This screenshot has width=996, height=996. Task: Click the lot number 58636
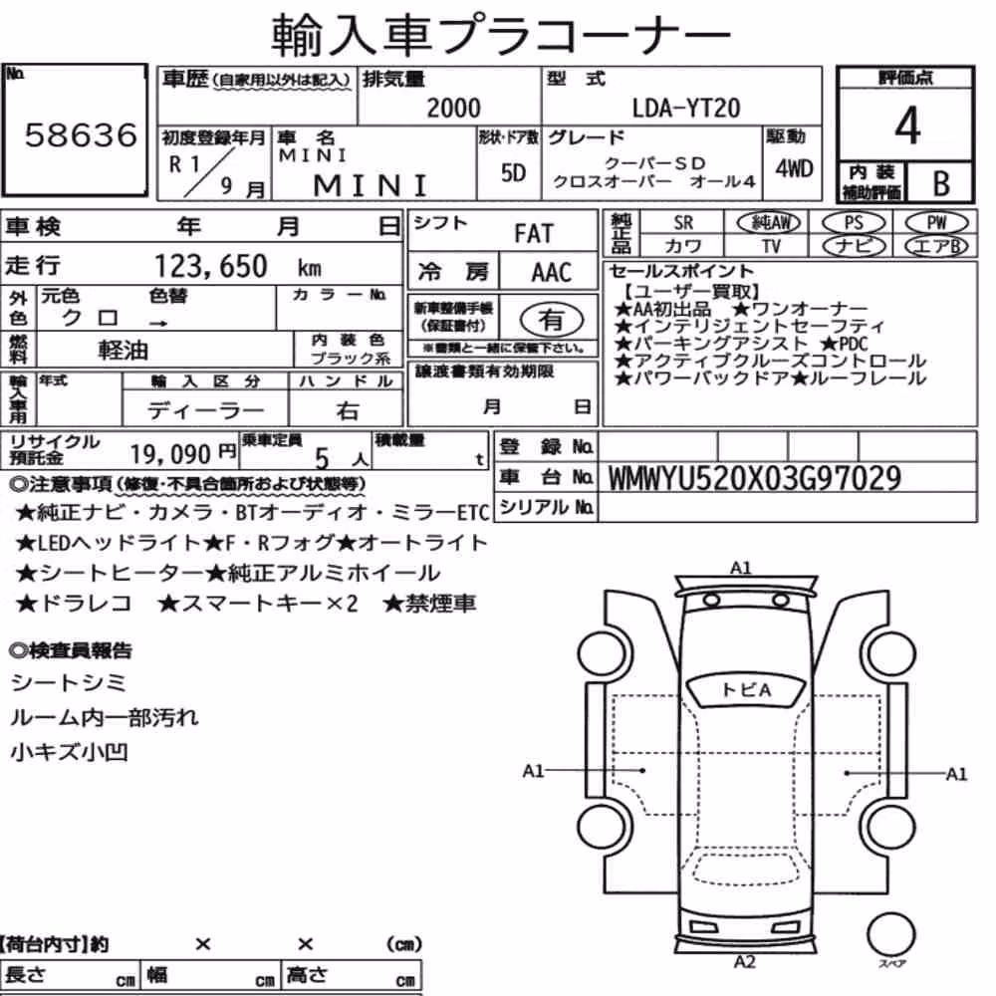click(x=81, y=134)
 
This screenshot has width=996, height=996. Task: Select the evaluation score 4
click(x=907, y=125)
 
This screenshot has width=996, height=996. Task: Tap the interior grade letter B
click(x=941, y=183)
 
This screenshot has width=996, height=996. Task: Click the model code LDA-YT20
click(x=686, y=108)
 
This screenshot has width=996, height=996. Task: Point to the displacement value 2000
click(x=453, y=108)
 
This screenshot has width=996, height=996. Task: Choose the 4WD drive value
click(x=794, y=168)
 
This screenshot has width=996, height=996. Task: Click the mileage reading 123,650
click(x=211, y=266)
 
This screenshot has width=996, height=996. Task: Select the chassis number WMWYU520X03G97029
click(x=755, y=478)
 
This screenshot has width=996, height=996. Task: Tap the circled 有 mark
click(x=551, y=320)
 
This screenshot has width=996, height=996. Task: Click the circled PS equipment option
click(x=854, y=223)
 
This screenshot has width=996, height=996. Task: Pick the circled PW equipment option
click(x=936, y=223)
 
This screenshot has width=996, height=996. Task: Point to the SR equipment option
click(x=683, y=223)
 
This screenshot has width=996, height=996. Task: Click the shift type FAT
click(x=534, y=233)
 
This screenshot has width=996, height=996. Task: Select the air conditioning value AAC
click(x=552, y=273)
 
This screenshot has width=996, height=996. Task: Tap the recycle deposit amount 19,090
click(x=170, y=454)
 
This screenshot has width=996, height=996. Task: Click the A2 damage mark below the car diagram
click(x=744, y=962)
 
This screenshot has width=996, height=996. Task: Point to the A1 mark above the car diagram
click(x=741, y=568)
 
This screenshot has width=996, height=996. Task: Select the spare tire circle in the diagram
click(x=891, y=934)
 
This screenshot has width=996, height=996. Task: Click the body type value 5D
click(x=513, y=172)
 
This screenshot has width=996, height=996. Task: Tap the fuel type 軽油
click(x=123, y=350)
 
